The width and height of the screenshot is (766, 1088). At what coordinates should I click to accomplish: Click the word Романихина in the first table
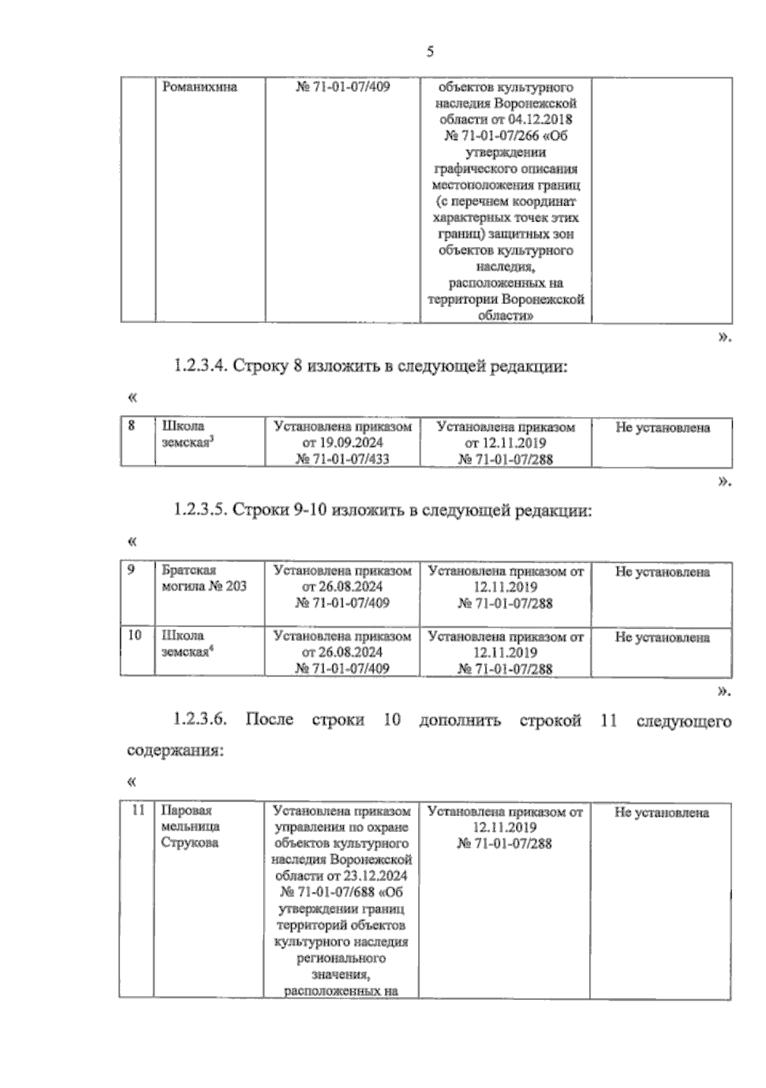pyautogui.click(x=200, y=87)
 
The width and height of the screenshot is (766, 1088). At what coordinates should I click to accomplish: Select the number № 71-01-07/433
pyautogui.click(x=342, y=459)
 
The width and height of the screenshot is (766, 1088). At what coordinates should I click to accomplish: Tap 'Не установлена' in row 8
pyautogui.click(x=662, y=427)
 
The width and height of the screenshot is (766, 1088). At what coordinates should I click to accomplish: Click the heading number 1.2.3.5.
pyautogui.click(x=199, y=510)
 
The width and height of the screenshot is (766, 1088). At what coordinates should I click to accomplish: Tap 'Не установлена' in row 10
pyautogui.click(x=662, y=637)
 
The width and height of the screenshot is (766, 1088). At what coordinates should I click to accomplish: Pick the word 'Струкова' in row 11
pyautogui.click(x=190, y=843)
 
